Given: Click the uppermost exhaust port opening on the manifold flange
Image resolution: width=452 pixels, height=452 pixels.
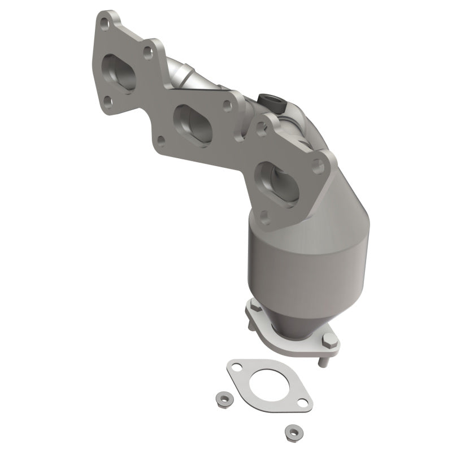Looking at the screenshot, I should (x=119, y=73).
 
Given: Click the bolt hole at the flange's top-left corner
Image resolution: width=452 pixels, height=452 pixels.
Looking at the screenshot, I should (x=103, y=23).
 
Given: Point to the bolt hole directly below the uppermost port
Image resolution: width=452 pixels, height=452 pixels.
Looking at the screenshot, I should (x=107, y=102).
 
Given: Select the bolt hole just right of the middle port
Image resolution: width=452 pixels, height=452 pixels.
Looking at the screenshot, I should (x=227, y=106).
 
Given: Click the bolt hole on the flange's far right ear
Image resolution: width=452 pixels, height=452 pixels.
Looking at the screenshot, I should (x=318, y=167).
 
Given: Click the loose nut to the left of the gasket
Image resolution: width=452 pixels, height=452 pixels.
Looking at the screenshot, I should (x=220, y=399).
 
